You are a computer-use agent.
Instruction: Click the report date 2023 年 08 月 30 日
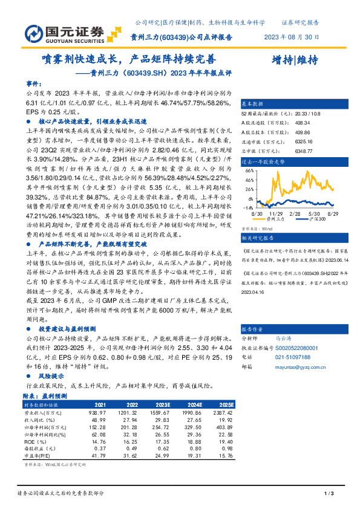pyautogui.click(x=292, y=36)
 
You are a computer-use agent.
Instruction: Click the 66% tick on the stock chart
pyautogui.click(x=249, y=170)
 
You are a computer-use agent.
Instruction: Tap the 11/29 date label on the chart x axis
pyautogui.click(x=276, y=213)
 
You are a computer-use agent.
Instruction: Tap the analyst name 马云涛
pyautogui.click(x=283, y=340)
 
